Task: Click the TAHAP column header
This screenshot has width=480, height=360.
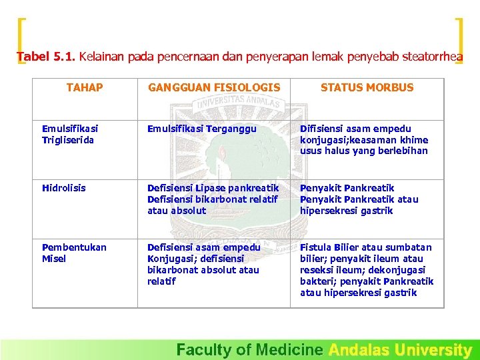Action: point(85,87)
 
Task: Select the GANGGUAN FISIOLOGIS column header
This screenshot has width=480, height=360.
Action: point(214,87)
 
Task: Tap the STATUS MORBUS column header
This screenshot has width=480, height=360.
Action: point(367,87)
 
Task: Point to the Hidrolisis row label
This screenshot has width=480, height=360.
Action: point(64,188)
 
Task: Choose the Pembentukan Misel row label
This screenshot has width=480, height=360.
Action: point(74,253)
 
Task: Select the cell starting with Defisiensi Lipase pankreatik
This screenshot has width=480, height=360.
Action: point(213,199)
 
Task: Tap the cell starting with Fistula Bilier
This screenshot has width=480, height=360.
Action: point(366,269)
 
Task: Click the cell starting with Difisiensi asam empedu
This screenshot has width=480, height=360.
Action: point(364,139)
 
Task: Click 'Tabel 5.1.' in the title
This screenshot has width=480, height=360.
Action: point(46,57)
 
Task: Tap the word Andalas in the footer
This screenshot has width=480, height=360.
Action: point(359,349)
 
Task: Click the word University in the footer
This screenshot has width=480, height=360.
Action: point(433,349)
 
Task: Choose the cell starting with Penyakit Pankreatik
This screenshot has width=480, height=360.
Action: point(359,199)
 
